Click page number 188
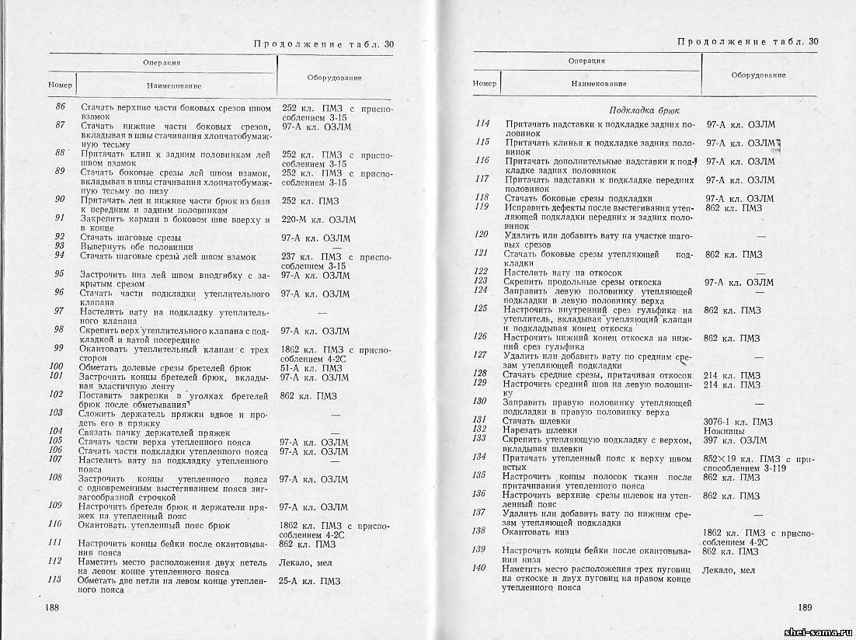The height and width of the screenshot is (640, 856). (x=54, y=606)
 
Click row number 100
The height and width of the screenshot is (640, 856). (x=56, y=366)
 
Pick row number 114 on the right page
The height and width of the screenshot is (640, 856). (x=482, y=123)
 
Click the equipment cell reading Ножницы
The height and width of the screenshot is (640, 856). (x=722, y=430)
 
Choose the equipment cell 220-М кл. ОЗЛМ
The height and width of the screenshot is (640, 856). (x=318, y=220)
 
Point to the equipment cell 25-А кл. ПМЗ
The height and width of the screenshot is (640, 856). (x=310, y=580)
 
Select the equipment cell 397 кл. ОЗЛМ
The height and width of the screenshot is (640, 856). (x=734, y=440)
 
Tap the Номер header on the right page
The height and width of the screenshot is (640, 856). (x=484, y=82)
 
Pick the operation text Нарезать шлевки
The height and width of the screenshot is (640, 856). (x=540, y=430)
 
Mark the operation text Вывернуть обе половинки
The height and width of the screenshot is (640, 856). (x=136, y=246)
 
